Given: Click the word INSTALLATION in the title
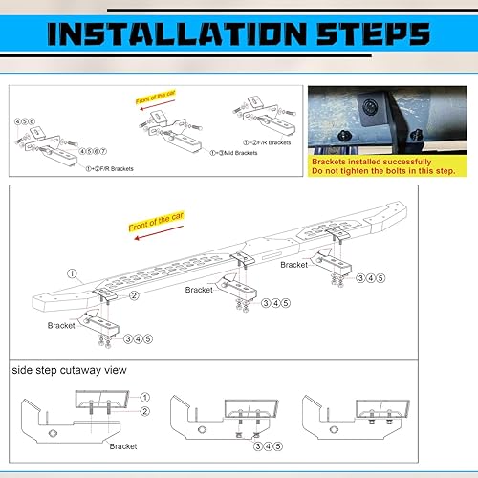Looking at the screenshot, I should point(179,36).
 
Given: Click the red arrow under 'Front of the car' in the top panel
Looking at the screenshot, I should point(154,108).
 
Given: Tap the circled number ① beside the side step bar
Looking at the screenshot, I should point(71,273).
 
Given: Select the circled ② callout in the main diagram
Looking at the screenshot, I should point(135,296).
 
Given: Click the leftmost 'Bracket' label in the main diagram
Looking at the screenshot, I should point(61,325).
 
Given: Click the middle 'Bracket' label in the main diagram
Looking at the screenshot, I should point(199,289).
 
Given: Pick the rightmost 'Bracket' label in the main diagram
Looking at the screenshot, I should point(294,264).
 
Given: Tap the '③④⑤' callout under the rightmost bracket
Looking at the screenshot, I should point(371,278).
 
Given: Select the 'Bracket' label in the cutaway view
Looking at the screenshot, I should point(122,445).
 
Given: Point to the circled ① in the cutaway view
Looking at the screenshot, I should point(144,397).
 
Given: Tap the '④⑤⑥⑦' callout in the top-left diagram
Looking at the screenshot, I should point(93,150).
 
